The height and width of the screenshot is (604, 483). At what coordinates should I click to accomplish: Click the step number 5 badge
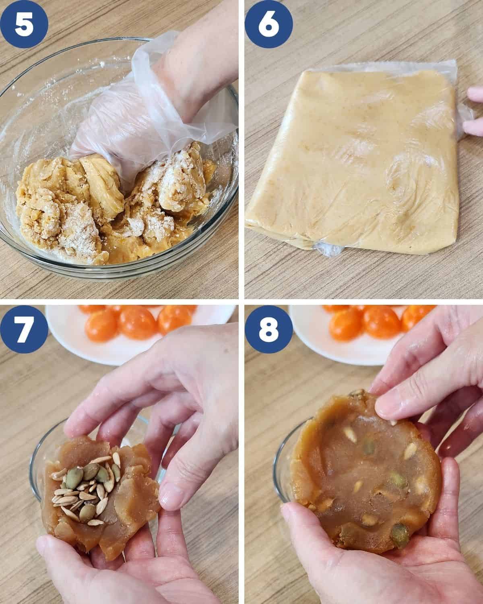click(x=24, y=24)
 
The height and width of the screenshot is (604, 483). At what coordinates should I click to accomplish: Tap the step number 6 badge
click(x=268, y=24)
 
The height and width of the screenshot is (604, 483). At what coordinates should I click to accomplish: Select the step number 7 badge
click(x=24, y=329)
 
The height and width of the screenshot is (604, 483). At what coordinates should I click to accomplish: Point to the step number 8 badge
click(x=268, y=329)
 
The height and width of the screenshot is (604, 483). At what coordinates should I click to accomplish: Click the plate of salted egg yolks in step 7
click(x=140, y=334)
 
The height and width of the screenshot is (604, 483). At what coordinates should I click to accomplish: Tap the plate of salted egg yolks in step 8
click(x=362, y=334)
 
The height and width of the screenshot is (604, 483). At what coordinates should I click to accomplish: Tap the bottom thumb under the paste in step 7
click(x=70, y=550)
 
